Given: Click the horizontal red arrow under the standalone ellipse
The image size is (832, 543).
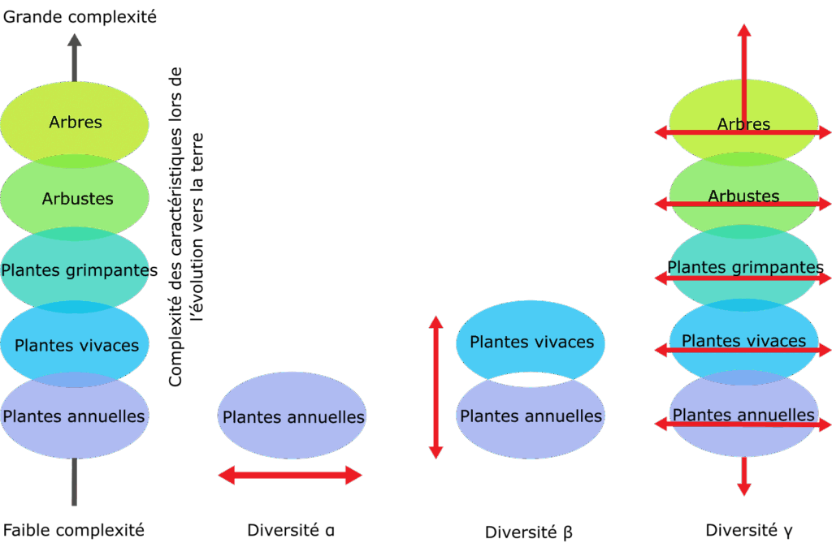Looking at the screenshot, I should point(290,475).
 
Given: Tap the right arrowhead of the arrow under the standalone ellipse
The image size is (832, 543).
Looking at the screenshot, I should point(354,475).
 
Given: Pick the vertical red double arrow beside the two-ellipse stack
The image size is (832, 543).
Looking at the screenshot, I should point(436,388).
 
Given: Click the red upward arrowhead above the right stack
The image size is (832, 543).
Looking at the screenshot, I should point(743,31).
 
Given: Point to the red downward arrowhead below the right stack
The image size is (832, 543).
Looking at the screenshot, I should point(743,488).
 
